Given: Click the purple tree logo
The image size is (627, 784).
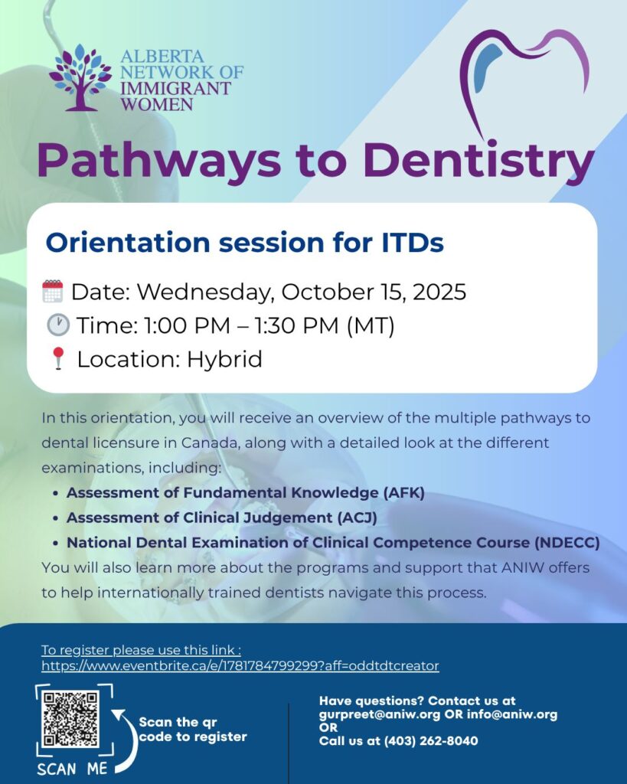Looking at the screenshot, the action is [80, 77].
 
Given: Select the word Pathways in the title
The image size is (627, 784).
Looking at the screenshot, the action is [159, 160].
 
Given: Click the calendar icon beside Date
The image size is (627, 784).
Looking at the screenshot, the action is [53, 291].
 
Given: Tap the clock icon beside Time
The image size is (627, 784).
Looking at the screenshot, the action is [58, 325].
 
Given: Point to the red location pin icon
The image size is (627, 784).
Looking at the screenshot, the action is [58, 358].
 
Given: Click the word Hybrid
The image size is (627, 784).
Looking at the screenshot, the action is [224, 360].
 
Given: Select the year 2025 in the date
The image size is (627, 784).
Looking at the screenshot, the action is [439, 292].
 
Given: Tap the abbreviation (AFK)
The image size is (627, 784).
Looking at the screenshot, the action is [404, 493].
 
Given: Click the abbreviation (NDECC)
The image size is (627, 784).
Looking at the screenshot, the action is [567, 543].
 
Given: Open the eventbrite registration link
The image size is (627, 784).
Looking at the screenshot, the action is [240, 666].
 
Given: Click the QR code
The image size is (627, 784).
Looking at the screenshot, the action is [70, 719].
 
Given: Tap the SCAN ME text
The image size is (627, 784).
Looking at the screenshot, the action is [72, 769].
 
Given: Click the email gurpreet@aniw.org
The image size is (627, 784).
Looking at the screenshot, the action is [380, 714].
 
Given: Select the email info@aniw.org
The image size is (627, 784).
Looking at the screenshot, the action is [512, 714].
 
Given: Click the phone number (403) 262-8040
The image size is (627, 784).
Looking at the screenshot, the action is [431, 741].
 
